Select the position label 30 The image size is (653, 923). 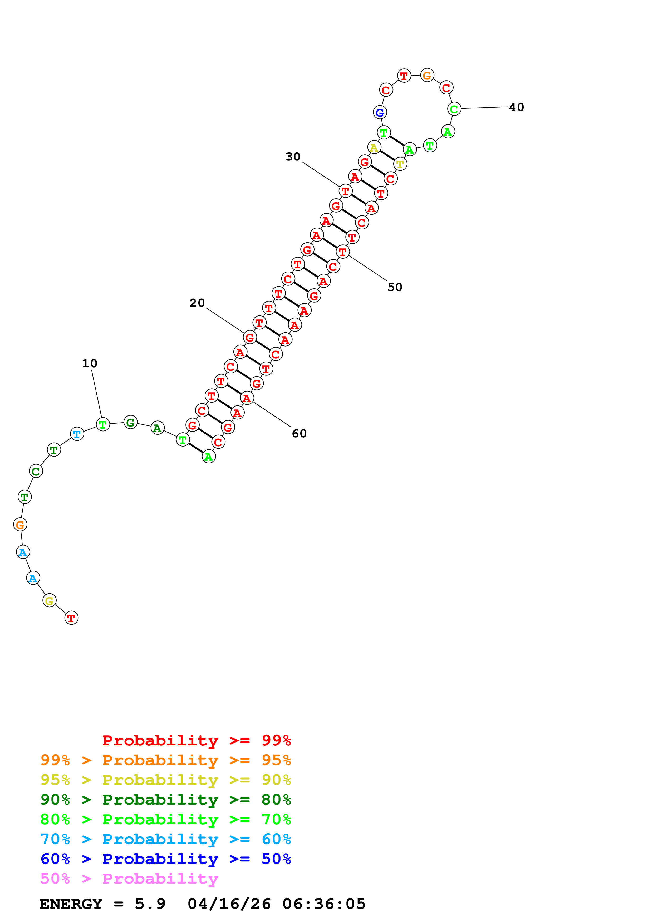293,157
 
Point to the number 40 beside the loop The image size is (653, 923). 517,107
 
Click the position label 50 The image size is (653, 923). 395,287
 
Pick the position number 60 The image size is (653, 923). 299,433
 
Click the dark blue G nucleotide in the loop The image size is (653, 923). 380,113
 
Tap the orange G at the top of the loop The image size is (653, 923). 427,75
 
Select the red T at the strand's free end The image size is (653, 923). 71,618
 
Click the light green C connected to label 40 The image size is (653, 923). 454,109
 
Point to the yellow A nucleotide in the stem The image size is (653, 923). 374,148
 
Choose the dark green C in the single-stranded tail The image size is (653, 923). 36,471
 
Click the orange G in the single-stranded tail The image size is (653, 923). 20,525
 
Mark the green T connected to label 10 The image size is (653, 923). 103,424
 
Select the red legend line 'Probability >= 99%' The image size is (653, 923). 196,740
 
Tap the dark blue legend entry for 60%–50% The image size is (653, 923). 165,859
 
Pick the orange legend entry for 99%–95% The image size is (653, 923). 165,760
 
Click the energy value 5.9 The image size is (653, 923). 150,904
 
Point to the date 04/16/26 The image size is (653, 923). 229,904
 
